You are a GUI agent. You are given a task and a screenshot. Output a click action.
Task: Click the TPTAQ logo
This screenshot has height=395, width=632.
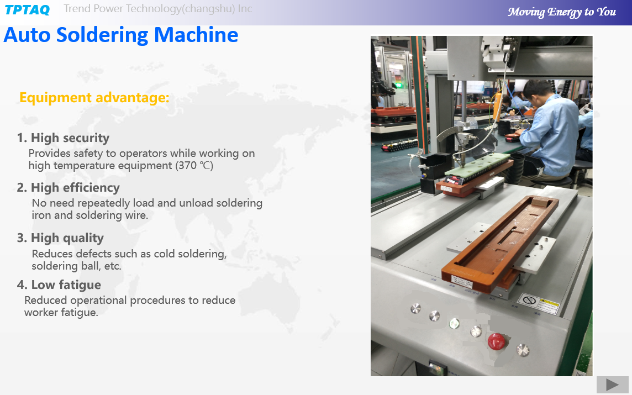point(27,10)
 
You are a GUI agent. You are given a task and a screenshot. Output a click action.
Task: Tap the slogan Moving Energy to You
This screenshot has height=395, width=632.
point(561,12)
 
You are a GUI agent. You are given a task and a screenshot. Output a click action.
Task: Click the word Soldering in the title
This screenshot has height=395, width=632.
point(102,35)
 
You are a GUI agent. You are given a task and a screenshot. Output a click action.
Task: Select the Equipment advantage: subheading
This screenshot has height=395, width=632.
point(94,98)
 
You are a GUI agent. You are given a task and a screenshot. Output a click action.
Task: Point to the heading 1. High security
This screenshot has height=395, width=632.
point(64,138)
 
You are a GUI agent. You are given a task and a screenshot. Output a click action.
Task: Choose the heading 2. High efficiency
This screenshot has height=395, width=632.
point(69,188)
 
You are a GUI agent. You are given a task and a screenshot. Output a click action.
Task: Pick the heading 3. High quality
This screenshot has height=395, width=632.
point(60,238)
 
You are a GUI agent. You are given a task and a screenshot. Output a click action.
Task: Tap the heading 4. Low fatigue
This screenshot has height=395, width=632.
point(59,285)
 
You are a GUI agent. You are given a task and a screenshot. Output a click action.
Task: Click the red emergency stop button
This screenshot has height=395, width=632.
point(496,341)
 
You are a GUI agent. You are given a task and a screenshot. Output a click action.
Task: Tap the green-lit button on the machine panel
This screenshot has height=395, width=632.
point(454,324)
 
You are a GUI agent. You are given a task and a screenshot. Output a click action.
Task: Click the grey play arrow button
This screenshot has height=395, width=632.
point(613,385)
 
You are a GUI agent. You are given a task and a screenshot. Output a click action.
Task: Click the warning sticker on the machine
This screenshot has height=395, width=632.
point(538,303)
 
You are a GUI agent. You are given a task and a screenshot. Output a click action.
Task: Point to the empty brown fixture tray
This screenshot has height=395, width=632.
point(500,242)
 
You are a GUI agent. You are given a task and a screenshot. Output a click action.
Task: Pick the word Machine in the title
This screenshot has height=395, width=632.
point(196,35)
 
